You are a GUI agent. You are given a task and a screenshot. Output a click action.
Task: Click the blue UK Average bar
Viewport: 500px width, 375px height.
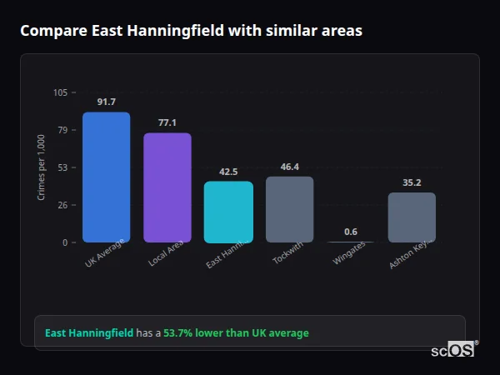click(106, 177)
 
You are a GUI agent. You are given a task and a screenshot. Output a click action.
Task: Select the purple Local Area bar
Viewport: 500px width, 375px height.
click(167, 187)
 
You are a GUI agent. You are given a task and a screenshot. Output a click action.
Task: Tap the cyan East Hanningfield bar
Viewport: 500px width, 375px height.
click(228, 212)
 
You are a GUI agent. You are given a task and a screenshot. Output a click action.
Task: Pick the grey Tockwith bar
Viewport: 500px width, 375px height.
click(289, 209)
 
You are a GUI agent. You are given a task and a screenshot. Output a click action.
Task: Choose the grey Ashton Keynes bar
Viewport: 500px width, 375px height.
click(412, 217)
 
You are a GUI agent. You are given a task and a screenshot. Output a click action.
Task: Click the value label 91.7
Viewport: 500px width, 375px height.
click(106, 102)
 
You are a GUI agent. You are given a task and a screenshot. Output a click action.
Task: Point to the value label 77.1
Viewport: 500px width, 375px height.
click(167, 122)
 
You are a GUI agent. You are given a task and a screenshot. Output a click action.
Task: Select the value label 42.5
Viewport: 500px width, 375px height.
click(228, 172)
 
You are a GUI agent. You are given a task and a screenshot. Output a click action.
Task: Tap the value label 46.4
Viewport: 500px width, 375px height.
click(289, 167)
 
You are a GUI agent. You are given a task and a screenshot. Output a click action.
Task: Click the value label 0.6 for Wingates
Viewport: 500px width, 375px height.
click(351, 232)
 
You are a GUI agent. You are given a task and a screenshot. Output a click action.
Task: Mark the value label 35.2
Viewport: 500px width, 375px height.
click(412, 182)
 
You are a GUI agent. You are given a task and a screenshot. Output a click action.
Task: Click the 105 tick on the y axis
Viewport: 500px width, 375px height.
click(60, 92)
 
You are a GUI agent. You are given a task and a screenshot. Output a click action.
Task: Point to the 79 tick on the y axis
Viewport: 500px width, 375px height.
click(62, 130)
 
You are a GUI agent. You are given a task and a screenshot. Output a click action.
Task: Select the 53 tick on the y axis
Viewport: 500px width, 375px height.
click(62, 167)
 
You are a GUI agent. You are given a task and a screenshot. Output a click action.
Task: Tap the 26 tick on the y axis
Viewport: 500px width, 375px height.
click(62, 205)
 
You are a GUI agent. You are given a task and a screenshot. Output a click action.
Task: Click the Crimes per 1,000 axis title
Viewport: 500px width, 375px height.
click(42, 167)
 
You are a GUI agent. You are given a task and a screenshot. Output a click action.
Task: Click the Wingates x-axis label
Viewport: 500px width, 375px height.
click(349, 254)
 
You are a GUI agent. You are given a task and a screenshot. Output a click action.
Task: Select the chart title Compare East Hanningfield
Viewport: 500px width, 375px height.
click(191, 31)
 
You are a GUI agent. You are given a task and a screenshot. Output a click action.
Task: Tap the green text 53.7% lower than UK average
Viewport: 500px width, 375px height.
click(236, 332)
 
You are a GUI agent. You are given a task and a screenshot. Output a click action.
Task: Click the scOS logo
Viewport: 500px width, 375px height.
click(452, 350)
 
